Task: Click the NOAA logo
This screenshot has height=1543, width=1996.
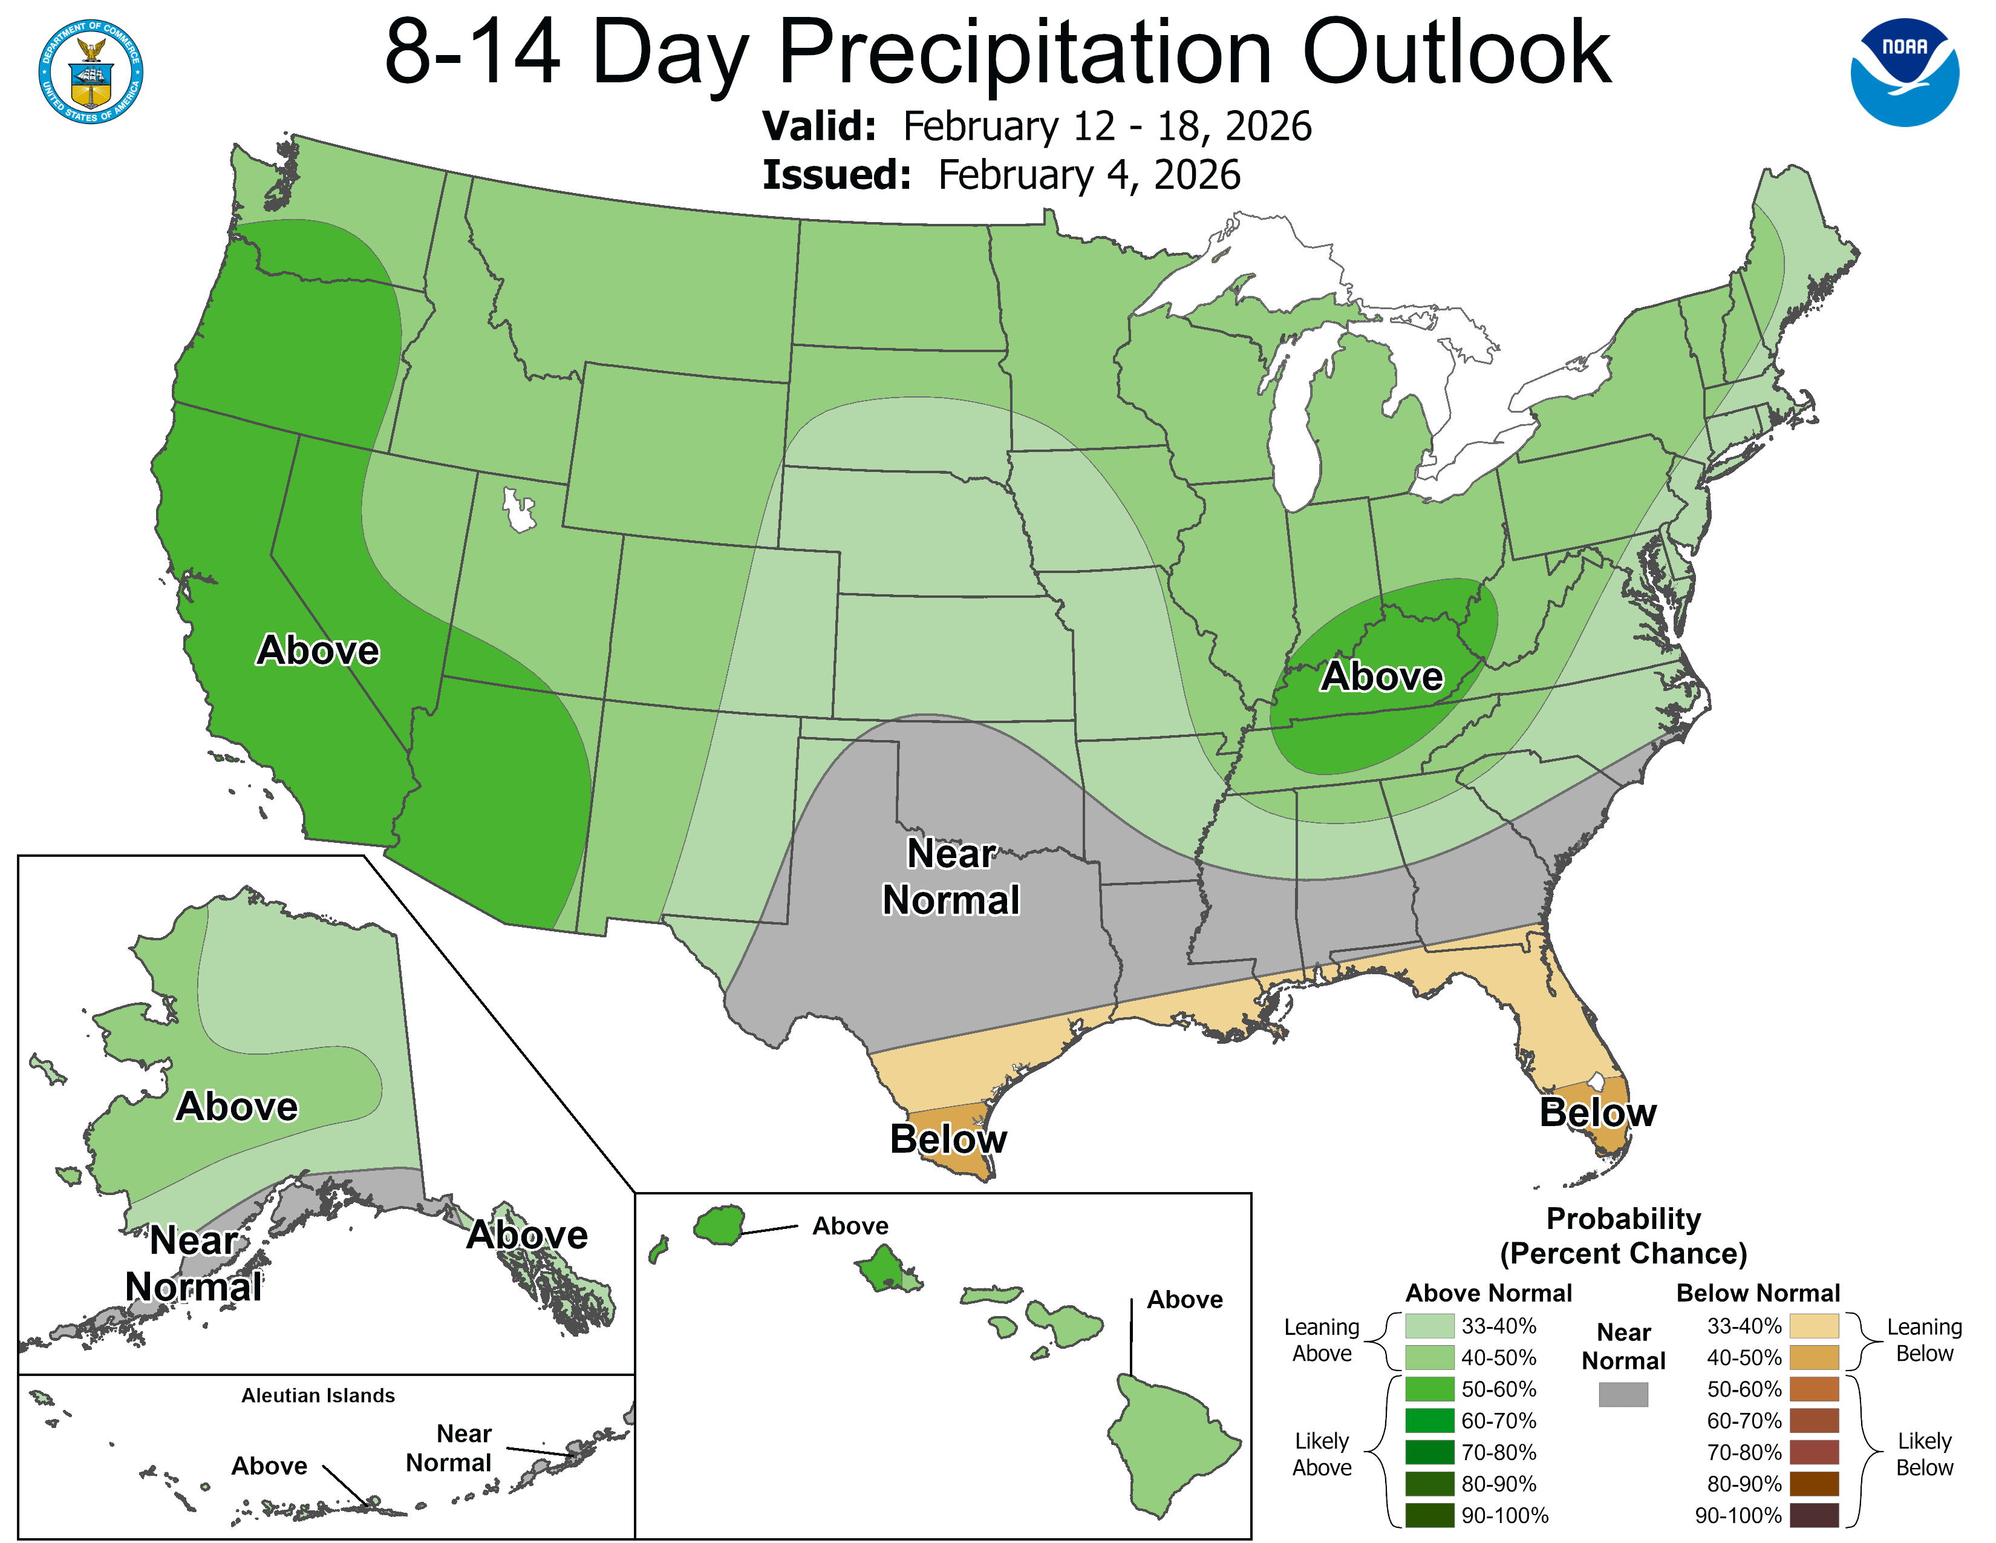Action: click(1905, 72)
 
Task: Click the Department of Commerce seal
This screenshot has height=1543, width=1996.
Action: click(91, 72)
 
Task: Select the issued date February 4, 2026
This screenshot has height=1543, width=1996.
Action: click(1089, 175)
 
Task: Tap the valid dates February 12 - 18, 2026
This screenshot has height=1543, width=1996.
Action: click(1107, 126)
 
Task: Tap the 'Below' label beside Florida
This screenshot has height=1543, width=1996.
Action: click(1597, 1112)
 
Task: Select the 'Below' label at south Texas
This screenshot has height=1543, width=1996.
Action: click(948, 1139)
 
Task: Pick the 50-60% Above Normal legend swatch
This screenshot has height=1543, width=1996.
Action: click(1429, 1389)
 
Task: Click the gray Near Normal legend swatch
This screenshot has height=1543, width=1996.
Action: click(1623, 1394)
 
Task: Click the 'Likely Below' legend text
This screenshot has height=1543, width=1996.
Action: click(1924, 1454)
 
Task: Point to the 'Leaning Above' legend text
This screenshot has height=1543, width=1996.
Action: click(1322, 1340)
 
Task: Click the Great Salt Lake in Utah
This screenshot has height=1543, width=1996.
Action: click(519, 510)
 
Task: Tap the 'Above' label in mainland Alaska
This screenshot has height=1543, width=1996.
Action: click(236, 1107)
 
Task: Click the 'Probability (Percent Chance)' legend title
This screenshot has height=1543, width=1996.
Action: click(1623, 1236)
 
